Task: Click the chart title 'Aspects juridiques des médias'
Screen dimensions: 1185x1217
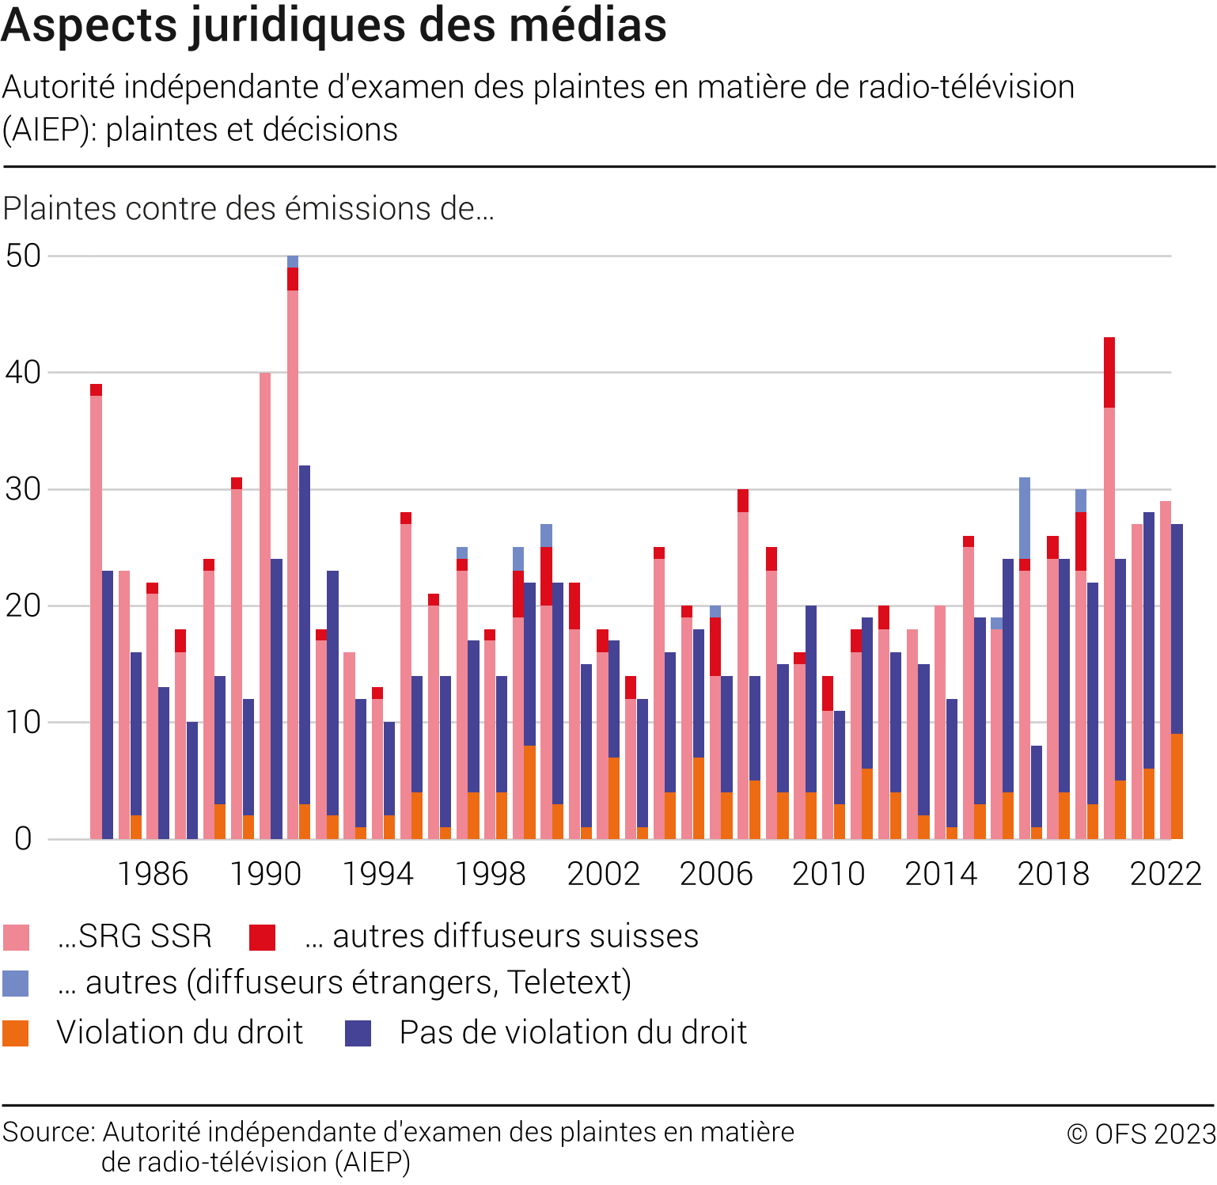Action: pyautogui.click(x=334, y=25)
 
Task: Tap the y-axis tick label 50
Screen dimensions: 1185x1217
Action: pyautogui.click(x=23, y=256)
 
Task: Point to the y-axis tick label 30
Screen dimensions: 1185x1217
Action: pyautogui.click(x=23, y=489)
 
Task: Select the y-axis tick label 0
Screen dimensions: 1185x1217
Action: pyautogui.click(x=23, y=839)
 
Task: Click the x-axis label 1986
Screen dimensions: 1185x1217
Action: pyautogui.click(x=153, y=874)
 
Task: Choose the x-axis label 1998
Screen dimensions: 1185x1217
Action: pyautogui.click(x=491, y=874)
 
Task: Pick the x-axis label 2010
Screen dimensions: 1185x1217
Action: pyautogui.click(x=828, y=874)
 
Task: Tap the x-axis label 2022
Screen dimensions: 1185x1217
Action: pyautogui.click(x=1166, y=874)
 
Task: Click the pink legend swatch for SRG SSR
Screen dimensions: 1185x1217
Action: pyautogui.click(x=17, y=937)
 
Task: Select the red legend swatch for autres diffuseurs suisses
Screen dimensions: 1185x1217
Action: pyautogui.click(x=262, y=937)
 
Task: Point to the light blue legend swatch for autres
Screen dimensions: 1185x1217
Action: pyautogui.click(x=17, y=983)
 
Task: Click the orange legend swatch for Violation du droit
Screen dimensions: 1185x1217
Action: pyautogui.click(x=17, y=1033)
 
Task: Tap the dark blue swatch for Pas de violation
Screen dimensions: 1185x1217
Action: pyautogui.click(x=358, y=1033)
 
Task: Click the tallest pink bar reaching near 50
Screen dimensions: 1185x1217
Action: pyautogui.click(x=293, y=554)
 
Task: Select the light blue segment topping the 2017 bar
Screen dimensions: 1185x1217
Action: pyautogui.click(x=1025, y=518)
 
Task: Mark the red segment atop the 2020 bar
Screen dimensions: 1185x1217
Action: pyautogui.click(x=1109, y=372)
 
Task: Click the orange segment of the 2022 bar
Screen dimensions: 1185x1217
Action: pyautogui.click(x=1177, y=786)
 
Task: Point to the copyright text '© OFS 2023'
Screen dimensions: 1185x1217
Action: pyautogui.click(x=1141, y=1134)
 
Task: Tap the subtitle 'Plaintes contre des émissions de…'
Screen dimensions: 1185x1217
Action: pyautogui.click(x=248, y=209)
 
